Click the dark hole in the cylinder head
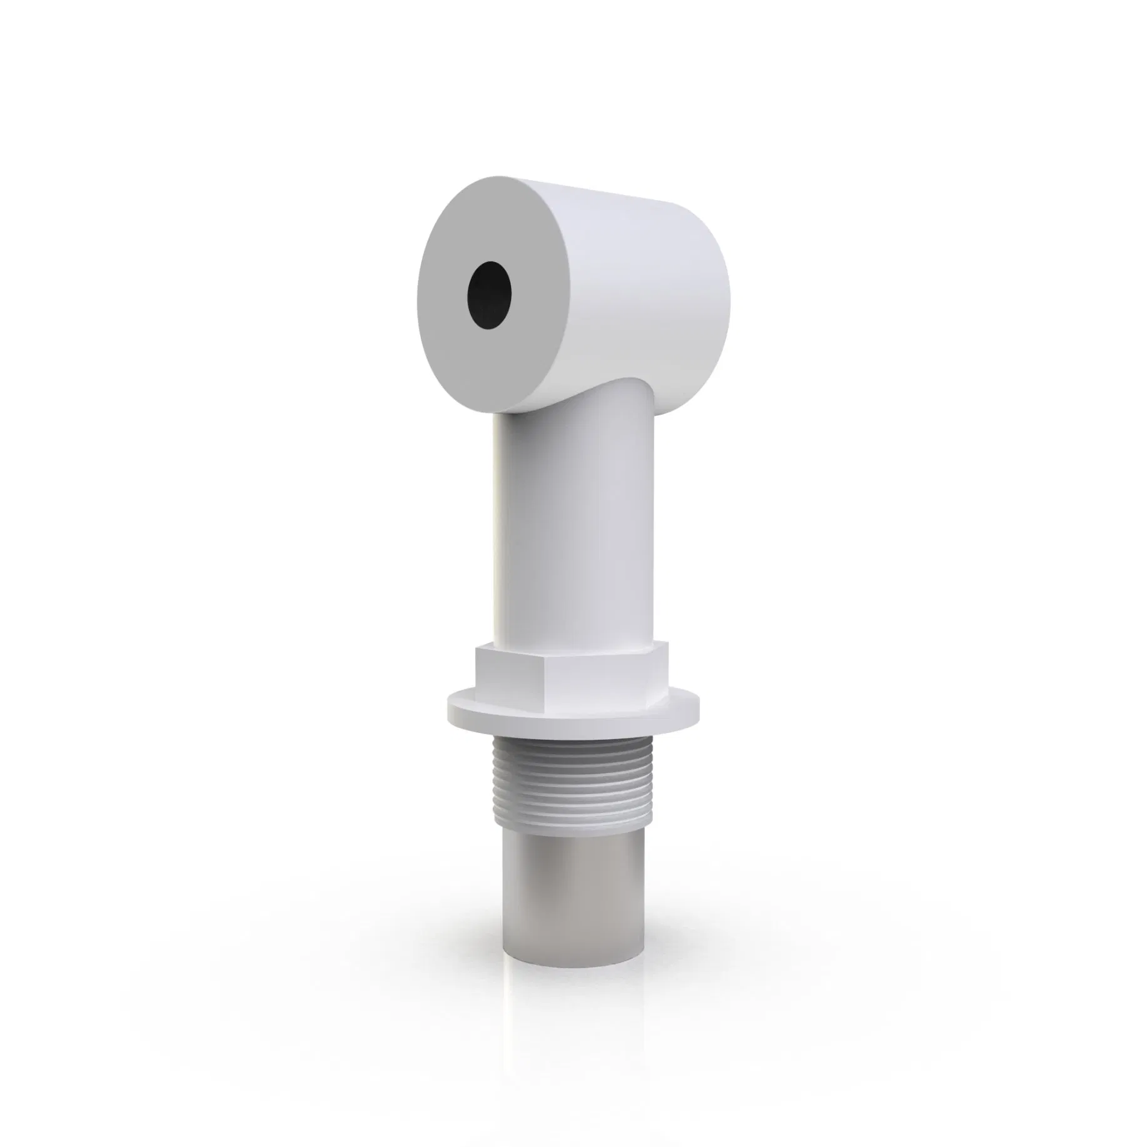pyautogui.click(x=490, y=295)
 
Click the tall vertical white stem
pyautogui.click(x=575, y=532)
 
